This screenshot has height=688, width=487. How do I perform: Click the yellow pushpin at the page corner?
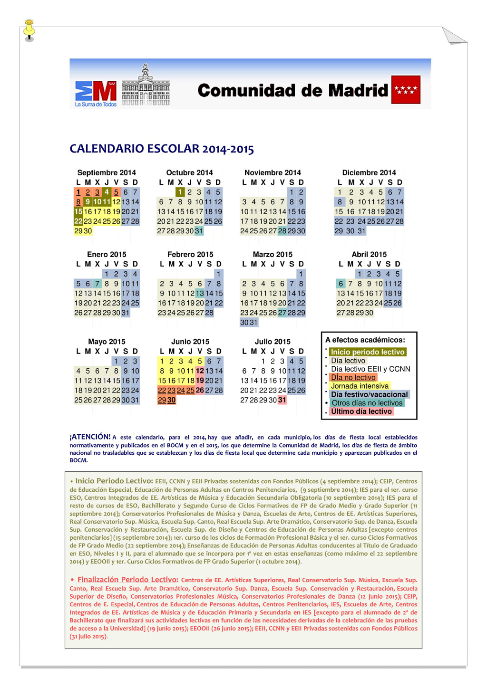click(x=29, y=29)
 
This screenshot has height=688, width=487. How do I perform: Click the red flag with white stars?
click(x=406, y=89)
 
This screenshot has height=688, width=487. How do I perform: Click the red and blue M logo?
click(x=96, y=91)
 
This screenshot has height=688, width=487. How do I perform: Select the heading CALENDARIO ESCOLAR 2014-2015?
click(x=162, y=149)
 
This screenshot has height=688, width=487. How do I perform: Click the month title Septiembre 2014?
click(x=107, y=172)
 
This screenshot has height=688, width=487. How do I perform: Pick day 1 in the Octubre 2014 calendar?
click(x=180, y=192)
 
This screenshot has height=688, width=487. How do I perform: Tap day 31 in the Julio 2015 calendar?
click(x=282, y=400)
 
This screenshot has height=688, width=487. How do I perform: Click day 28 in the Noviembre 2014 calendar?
click(x=282, y=231)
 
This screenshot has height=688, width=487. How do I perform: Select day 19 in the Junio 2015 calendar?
click(x=200, y=381)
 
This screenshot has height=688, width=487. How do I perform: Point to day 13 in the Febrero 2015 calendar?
click(x=200, y=294)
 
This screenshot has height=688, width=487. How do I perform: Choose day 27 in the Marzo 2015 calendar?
click(x=282, y=313)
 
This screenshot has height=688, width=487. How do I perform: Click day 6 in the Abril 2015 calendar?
click(x=341, y=284)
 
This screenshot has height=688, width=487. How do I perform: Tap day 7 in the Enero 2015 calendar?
click(x=97, y=284)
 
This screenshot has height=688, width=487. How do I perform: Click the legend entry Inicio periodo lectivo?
click(x=368, y=352)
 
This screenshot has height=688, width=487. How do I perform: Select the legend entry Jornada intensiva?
click(x=360, y=386)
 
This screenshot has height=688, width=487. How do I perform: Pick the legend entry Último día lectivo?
click(x=361, y=411)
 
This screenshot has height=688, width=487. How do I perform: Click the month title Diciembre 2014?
click(x=369, y=172)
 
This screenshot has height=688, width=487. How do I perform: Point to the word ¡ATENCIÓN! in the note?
click(x=90, y=437)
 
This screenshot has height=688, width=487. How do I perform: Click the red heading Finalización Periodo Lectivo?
click(x=128, y=580)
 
